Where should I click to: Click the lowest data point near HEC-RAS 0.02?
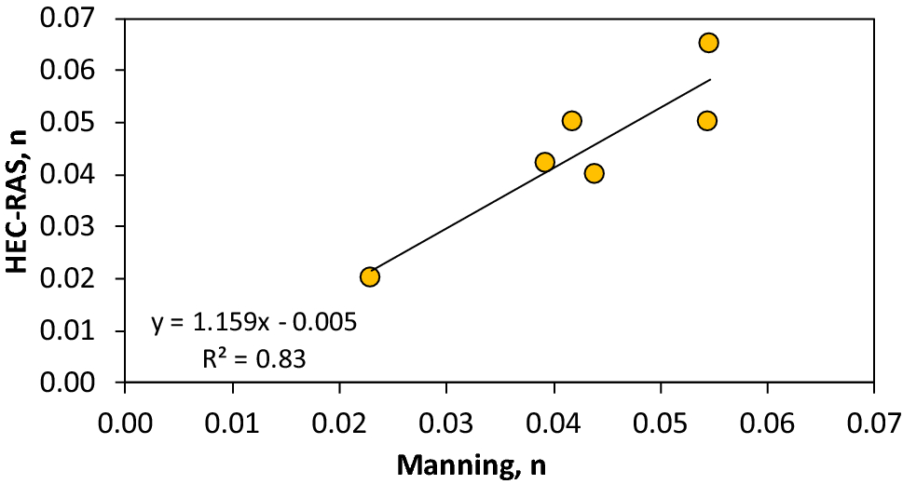(x=370, y=276)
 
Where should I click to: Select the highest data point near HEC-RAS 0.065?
(x=708, y=42)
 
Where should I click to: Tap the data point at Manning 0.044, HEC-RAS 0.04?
(x=594, y=173)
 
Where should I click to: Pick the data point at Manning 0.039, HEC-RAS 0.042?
(x=545, y=162)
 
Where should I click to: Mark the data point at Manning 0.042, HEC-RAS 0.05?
(x=572, y=121)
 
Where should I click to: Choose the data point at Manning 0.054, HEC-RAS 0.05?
(x=707, y=121)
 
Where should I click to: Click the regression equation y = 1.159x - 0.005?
(x=254, y=323)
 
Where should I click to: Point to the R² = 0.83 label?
(x=254, y=357)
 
